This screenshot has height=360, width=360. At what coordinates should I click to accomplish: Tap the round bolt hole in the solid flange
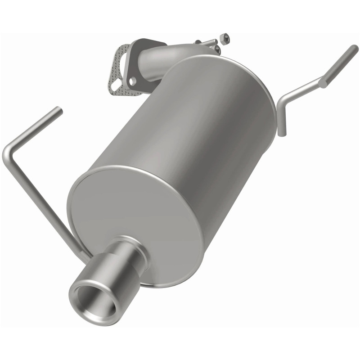click(132, 81)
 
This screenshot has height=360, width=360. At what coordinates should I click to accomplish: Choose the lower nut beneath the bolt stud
click(218, 49)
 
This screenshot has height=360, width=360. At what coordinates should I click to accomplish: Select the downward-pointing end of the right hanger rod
click(282, 132)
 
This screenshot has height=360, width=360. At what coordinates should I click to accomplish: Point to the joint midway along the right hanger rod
click(322, 82)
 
